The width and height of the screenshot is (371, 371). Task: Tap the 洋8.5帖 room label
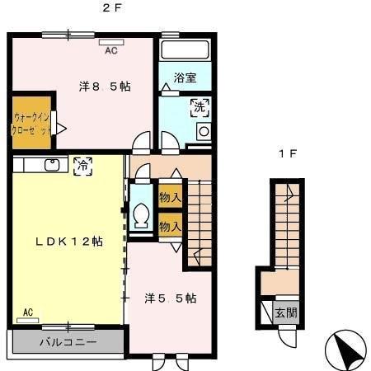[105, 86]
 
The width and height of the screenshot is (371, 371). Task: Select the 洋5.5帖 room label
[171, 298]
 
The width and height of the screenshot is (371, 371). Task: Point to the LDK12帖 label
[68, 242]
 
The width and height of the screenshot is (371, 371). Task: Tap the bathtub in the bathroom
[185, 49]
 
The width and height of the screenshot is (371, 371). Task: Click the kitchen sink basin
[52, 164]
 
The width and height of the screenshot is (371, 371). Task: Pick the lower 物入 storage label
[170, 225]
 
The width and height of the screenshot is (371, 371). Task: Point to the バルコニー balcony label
[68, 342]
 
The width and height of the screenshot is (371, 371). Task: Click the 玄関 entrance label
[286, 312]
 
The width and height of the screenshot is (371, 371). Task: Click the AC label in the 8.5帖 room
[110, 50]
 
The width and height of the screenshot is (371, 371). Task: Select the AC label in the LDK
[28, 312]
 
